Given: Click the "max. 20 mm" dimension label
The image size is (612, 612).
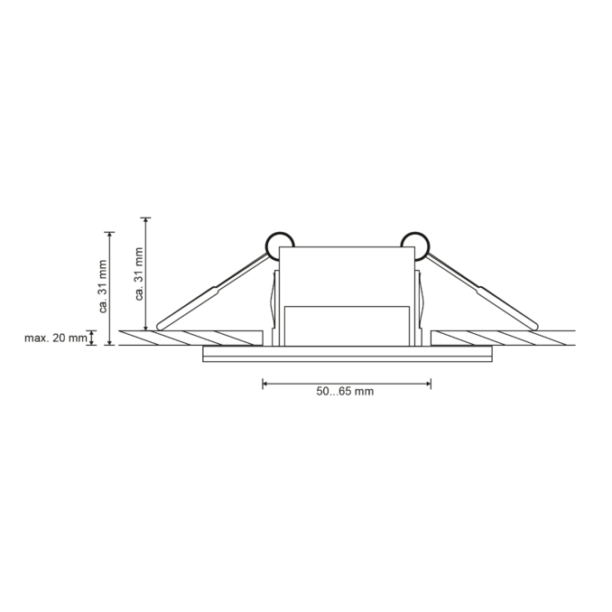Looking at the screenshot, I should [55, 338].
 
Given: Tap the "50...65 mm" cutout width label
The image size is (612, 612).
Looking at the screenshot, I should [345, 392].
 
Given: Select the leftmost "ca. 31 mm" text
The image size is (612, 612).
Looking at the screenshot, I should [104, 285].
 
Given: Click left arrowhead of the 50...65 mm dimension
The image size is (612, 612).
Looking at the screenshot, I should [265, 384].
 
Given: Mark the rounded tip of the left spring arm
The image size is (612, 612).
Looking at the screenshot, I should [161, 323].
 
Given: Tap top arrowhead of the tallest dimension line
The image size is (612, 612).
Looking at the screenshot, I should [146, 220].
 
